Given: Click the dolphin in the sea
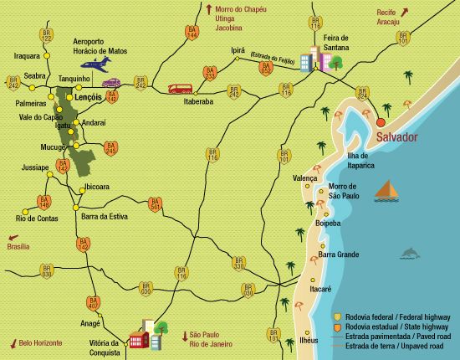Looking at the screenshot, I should (x=411, y=252).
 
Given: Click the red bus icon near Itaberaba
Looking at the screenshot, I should (x=180, y=89).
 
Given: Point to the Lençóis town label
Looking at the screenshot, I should (x=88, y=97).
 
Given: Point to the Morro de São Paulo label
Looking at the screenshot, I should (x=342, y=191).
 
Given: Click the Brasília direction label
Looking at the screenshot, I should (x=18, y=247).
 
